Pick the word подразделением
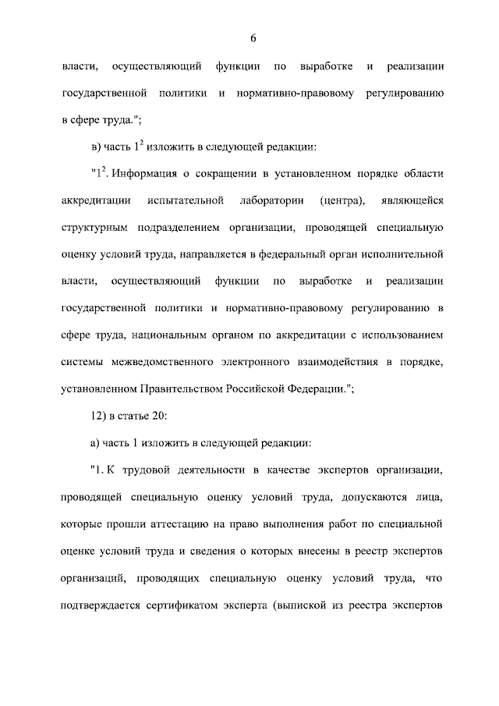[x=170, y=229]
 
